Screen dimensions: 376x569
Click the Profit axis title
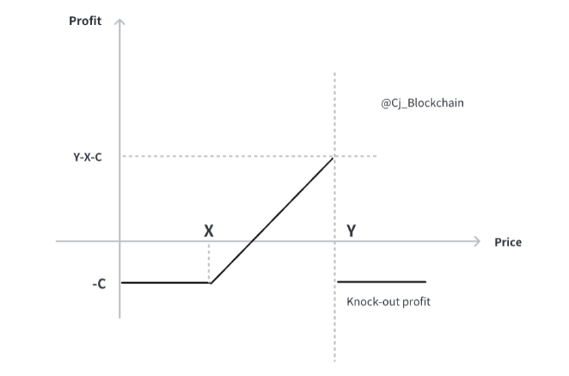click(x=85, y=21)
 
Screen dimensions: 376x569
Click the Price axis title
click(x=508, y=242)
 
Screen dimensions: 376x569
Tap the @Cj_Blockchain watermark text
click(x=422, y=104)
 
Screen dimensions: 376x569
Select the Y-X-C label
click(x=88, y=156)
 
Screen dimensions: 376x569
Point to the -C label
click(x=99, y=284)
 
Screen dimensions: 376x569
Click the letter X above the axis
click(x=209, y=231)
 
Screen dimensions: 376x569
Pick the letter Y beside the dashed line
click(x=351, y=231)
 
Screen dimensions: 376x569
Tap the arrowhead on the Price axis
click(x=476, y=241)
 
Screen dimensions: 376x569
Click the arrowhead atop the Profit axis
click(x=120, y=22)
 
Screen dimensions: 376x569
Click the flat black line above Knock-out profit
click(x=381, y=281)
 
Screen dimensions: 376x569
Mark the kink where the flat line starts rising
click(x=210, y=282)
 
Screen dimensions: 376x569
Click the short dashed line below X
click(x=209, y=262)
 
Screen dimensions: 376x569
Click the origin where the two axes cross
click(x=120, y=241)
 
